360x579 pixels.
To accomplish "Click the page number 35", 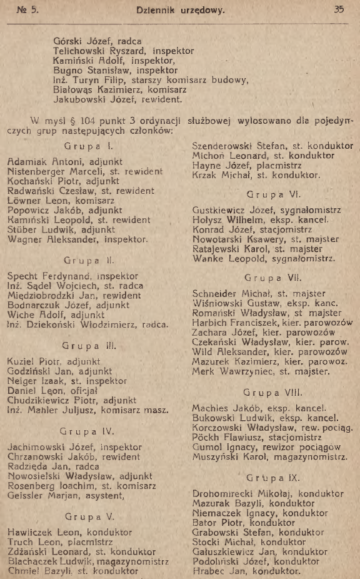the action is point(339,10).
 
